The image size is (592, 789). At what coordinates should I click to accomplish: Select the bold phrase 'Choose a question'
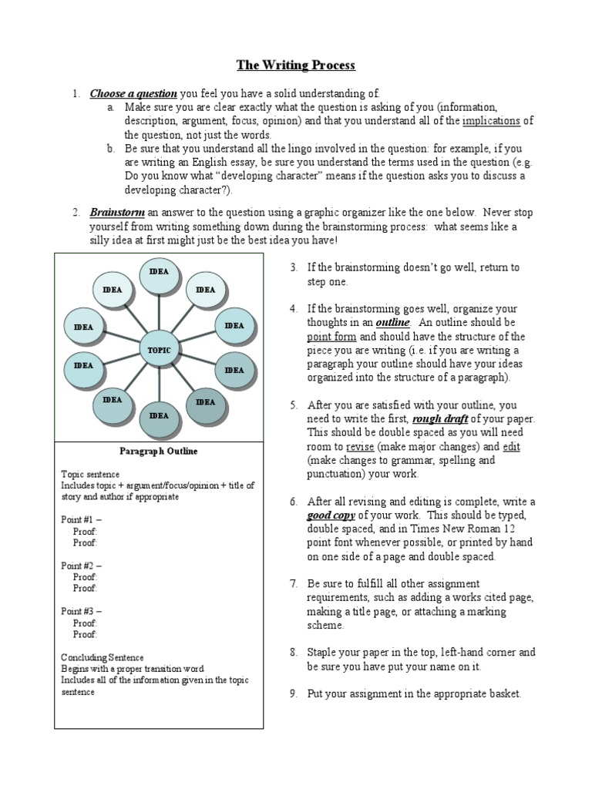133,94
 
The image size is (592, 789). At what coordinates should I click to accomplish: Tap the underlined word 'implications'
491,122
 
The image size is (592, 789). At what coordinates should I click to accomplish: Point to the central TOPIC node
159,350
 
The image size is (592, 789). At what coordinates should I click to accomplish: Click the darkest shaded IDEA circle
206,402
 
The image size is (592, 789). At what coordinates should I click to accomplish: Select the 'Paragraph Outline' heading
159,451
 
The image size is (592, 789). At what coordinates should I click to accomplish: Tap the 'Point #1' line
81,520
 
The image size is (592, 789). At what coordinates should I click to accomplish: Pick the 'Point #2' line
81,566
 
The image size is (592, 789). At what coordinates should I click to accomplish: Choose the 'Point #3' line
81,611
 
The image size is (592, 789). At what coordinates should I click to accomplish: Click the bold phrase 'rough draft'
439,419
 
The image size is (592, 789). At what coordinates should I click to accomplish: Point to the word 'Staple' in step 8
324,652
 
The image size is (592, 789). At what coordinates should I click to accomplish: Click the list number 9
294,693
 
